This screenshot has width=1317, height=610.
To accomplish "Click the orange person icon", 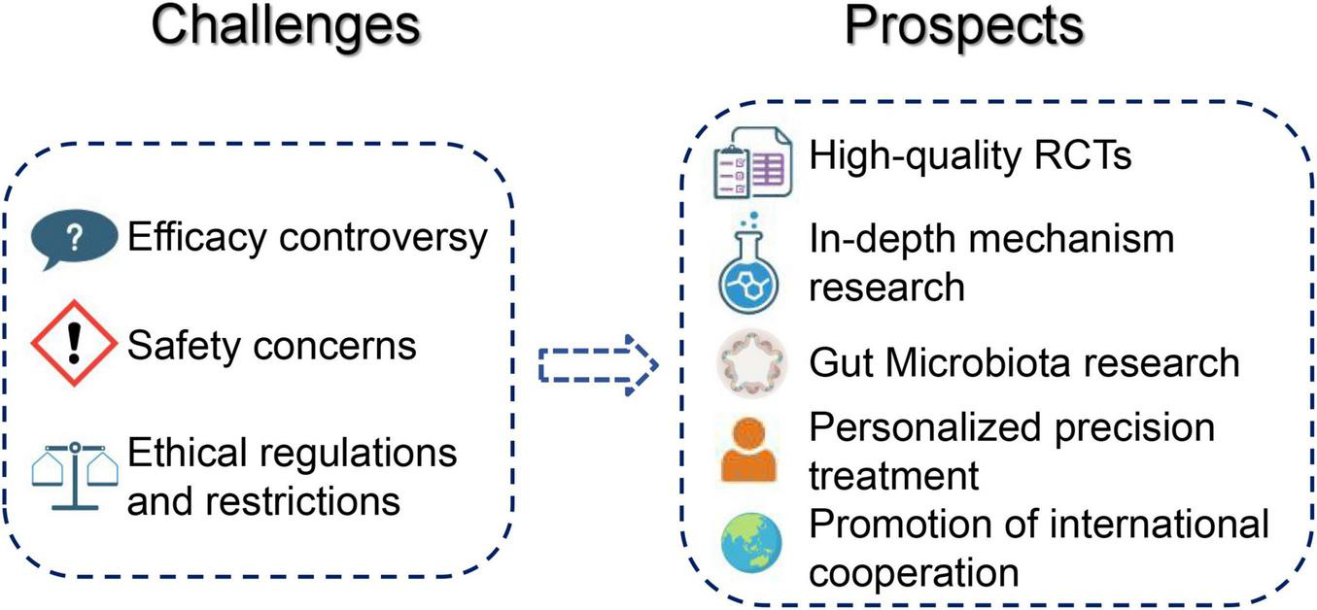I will pyautogui.click(x=749, y=449).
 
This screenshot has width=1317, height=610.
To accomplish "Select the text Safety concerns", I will pyautogui.click(x=272, y=345).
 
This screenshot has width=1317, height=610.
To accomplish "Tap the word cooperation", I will pyautogui.click(x=914, y=573).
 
